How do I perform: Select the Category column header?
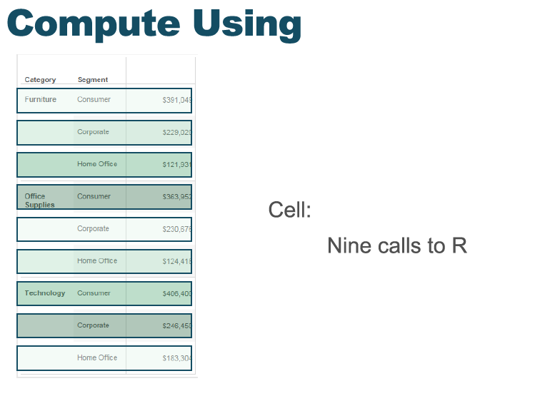click(40, 80)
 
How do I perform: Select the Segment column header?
click(93, 80)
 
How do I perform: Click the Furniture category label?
click(40, 99)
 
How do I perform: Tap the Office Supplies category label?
click(39, 200)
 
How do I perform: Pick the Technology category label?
click(44, 293)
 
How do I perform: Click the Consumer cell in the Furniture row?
click(94, 99)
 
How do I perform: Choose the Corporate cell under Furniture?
click(93, 132)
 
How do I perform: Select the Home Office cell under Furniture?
click(97, 164)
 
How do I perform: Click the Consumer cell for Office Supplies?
click(94, 196)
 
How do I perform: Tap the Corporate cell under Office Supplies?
click(93, 229)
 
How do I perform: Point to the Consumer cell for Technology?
click(94, 293)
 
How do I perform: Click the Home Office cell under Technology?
click(97, 357)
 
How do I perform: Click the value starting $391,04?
click(176, 100)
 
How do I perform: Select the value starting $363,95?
click(176, 197)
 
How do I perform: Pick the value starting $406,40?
click(176, 293)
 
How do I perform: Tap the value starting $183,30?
click(176, 358)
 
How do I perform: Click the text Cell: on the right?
click(289, 210)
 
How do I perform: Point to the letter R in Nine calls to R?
click(459, 246)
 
